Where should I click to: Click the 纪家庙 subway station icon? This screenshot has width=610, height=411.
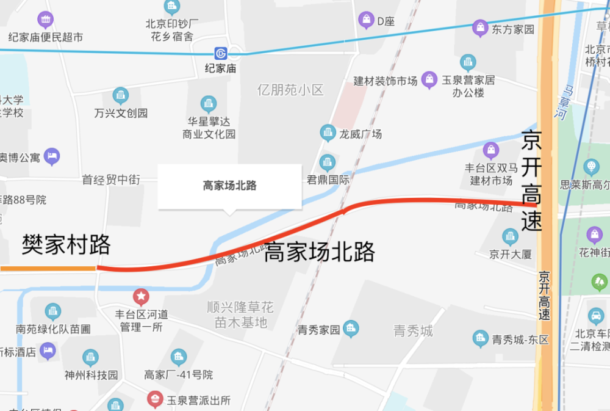pos(223,53)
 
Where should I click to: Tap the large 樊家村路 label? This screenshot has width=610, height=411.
pos(66,244)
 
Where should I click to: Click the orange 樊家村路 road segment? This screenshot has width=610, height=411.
pos(48,267)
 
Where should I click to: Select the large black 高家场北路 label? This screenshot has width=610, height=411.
pos(319,251)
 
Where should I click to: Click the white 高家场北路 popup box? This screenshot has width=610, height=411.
pos(229,186)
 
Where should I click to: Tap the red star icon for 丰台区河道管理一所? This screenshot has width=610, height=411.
pos(142,297)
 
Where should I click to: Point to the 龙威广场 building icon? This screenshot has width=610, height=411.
pos(328,132)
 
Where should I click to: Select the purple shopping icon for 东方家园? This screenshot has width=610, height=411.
pos(481,27)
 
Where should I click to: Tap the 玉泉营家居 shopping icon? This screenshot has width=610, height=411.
pos(430,79)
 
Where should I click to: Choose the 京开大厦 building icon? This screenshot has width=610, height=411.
pos(510,237)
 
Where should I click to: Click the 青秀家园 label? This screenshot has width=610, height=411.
pos(318,330)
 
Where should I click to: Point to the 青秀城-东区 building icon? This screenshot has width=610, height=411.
pos(481,338)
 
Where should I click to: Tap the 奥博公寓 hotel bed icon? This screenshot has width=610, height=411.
pos(52,156)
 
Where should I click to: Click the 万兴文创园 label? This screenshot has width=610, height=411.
pos(121,113)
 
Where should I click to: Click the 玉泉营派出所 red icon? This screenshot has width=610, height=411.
pos(155,400)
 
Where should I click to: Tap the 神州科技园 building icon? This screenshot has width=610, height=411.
pos(90,357)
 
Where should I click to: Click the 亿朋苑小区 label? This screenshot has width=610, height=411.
pos(290,90)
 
